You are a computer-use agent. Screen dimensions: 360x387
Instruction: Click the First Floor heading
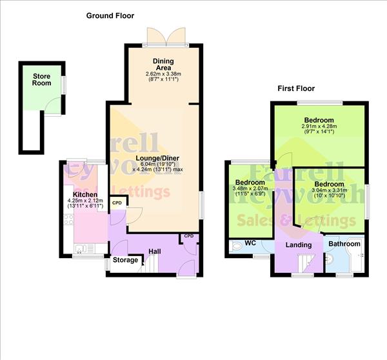pos(296,88)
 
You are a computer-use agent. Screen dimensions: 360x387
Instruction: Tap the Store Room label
pos(42,80)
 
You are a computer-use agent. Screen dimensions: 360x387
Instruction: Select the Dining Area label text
pos(164,65)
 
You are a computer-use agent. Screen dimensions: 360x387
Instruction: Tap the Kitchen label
pos(85,194)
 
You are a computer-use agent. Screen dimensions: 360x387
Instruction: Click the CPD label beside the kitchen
pos(117,203)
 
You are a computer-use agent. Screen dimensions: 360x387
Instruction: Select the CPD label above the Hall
pos(188,236)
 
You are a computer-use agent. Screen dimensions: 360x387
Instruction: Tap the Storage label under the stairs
pos(126,260)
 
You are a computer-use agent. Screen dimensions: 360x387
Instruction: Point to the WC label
pos(251,244)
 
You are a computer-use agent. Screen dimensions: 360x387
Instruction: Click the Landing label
pos(298,245)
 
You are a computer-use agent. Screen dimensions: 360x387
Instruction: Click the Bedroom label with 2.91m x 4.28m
pos(319,121)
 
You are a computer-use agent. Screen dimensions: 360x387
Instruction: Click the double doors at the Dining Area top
pos(166,35)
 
